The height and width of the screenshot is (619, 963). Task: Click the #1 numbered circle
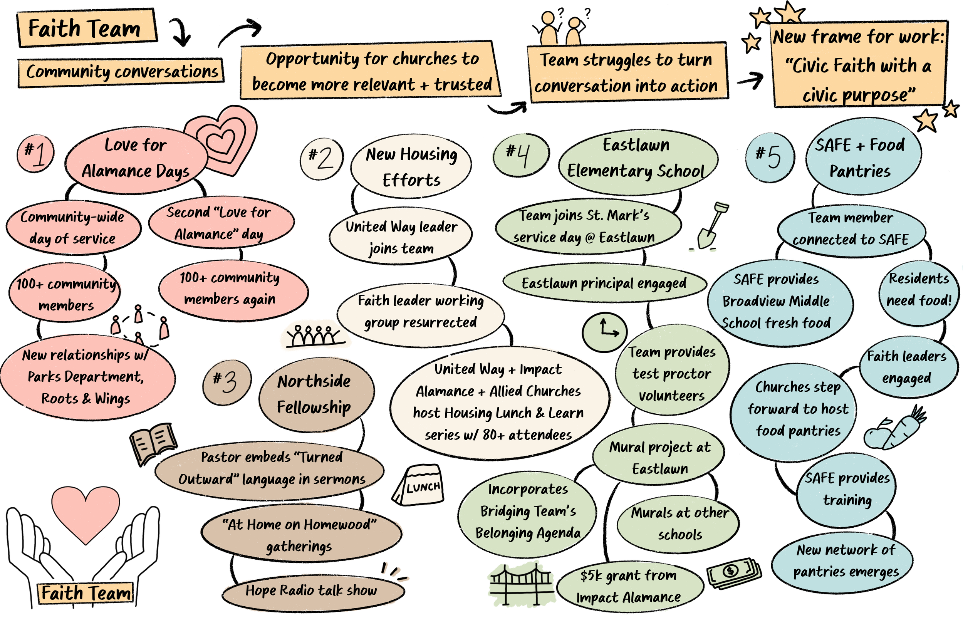[35, 154]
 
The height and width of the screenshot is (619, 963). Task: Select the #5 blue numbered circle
[769, 157]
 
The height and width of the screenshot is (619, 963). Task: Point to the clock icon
[604, 332]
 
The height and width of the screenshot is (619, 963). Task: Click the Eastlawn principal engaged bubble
[604, 283]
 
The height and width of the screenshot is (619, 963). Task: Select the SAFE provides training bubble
[846, 489]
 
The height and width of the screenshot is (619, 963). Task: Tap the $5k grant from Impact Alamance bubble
[629, 586]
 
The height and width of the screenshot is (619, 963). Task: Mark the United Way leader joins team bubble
[401, 237]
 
